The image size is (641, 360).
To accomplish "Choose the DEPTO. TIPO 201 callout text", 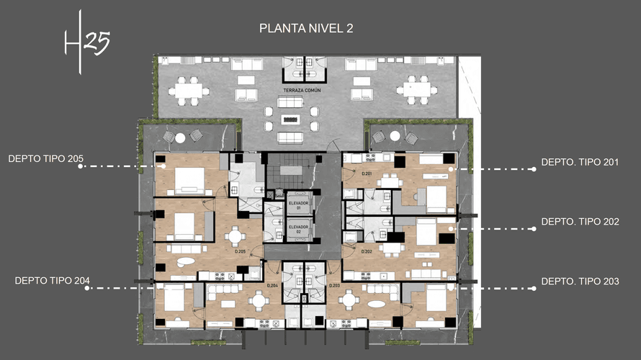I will (x=580, y=163).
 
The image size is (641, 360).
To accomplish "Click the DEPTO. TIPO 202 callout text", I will (x=580, y=222).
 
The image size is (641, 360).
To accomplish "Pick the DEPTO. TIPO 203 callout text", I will (x=580, y=281).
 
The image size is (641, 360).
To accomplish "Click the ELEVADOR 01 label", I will (x=297, y=204).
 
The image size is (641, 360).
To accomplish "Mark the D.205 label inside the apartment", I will (x=240, y=252).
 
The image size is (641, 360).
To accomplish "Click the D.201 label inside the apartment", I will (x=367, y=174).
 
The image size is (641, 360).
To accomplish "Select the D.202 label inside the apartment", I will (x=367, y=252).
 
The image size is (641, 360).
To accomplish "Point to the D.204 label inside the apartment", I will (x=272, y=286).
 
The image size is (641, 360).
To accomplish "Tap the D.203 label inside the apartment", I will (x=334, y=286).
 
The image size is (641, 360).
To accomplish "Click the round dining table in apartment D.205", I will (x=234, y=236).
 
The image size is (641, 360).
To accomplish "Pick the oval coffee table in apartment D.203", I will (x=377, y=304).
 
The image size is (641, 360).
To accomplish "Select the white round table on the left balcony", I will (x=180, y=138).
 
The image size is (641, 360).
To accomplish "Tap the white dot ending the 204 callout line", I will (x=87, y=288).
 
